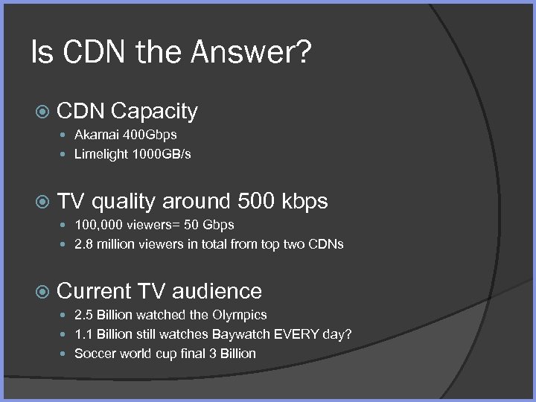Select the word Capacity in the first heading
pos(154,112)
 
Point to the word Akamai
pos(95,135)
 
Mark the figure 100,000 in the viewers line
pos(99,224)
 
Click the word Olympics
pos(240,315)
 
